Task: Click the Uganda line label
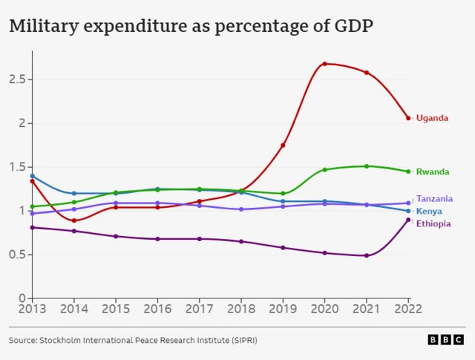(x=432, y=118)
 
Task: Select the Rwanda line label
(x=433, y=172)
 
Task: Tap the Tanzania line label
(x=434, y=199)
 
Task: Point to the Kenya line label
(x=429, y=212)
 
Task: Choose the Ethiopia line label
(x=433, y=224)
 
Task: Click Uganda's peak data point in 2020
(x=324, y=64)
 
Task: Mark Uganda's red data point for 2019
(x=283, y=145)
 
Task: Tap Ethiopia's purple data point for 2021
(x=367, y=255)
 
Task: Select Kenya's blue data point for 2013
(x=32, y=176)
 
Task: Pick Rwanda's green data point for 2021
(x=367, y=166)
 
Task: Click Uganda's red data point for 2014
(x=73, y=220)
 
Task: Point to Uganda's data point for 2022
(x=408, y=118)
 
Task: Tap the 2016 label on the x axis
(x=157, y=308)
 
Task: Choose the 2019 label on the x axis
(x=283, y=308)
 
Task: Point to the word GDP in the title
(x=351, y=27)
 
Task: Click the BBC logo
(x=445, y=340)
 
